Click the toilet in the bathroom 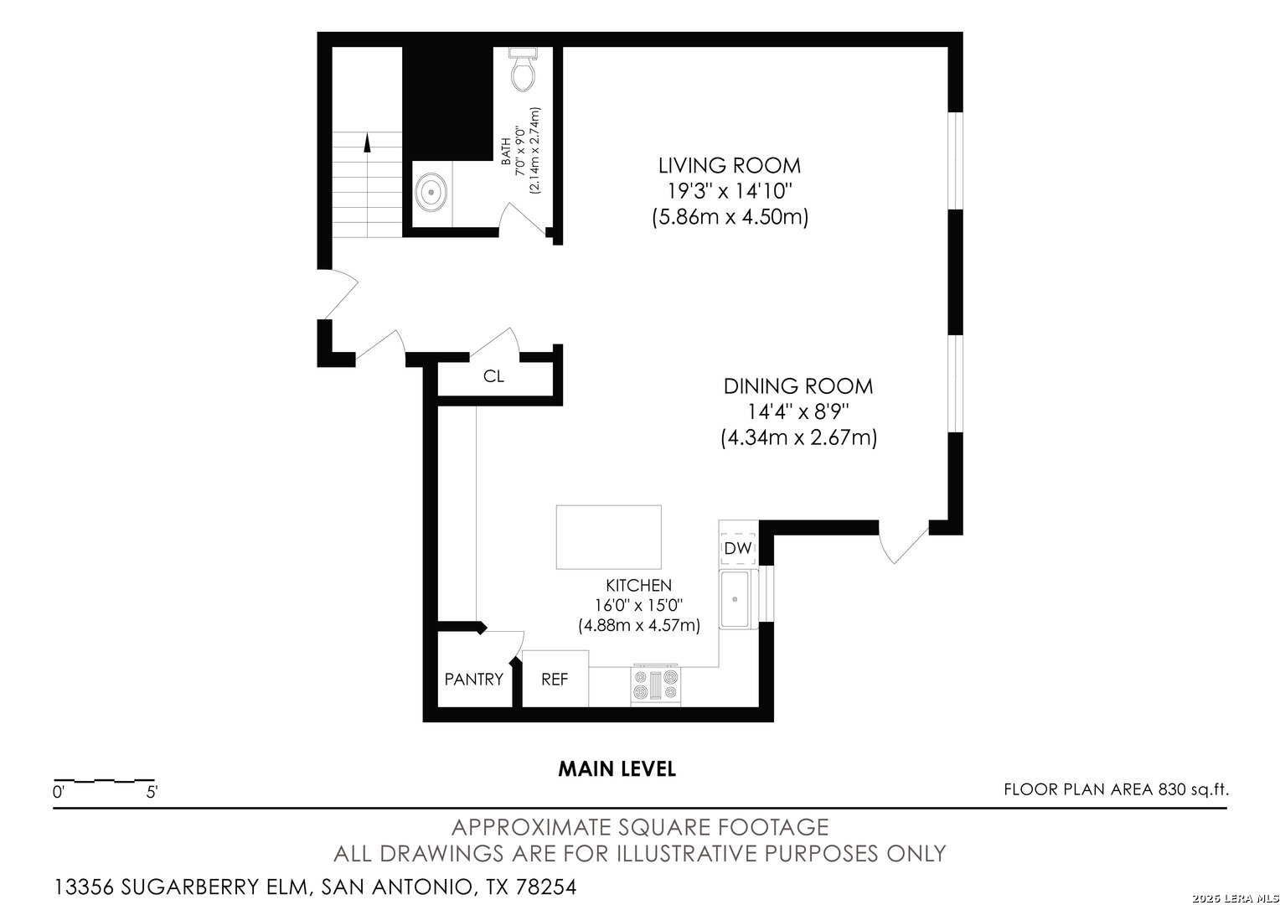click(x=524, y=70)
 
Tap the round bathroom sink click(x=431, y=191)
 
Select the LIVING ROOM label click(x=729, y=165)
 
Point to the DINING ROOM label click(x=797, y=386)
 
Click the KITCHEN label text click(x=638, y=586)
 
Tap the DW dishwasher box click(x=738, y=549)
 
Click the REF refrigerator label click(x=555, y=680)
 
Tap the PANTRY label click(x=473, y=680)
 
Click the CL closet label click(x=493, y=377)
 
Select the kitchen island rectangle click(x=608, y=537)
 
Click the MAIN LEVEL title click(x=617, y=768)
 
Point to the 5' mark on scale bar click(x=152, y=791)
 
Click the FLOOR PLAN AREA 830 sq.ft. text click(x=1116, y=789)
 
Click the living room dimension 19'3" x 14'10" click(x=729, y=191)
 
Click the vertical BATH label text click(x=506, y=157)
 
